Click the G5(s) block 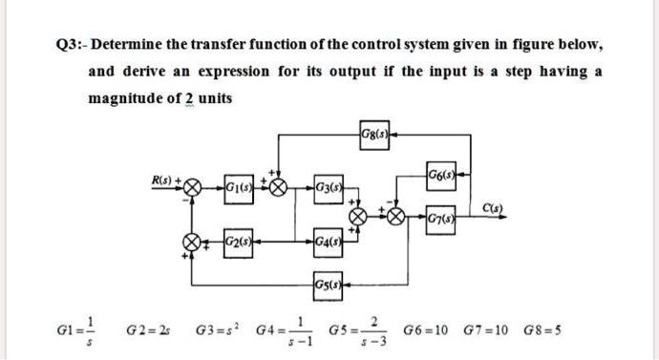[326, 284]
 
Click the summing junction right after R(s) [190, 186]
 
